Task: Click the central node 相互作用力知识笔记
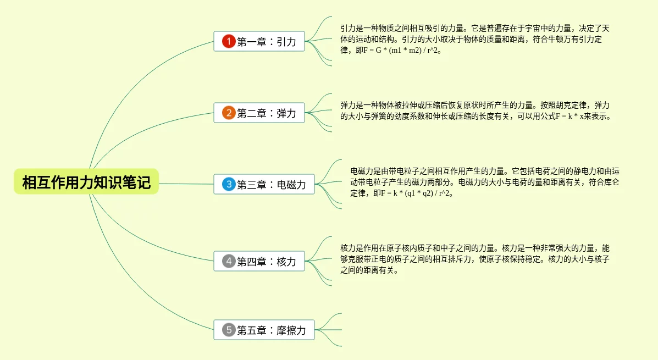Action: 86,182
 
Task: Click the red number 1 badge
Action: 229,41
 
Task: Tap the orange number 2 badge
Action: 229,113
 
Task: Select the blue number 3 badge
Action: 229,184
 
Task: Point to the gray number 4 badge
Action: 229,261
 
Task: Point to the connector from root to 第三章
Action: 187,184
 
